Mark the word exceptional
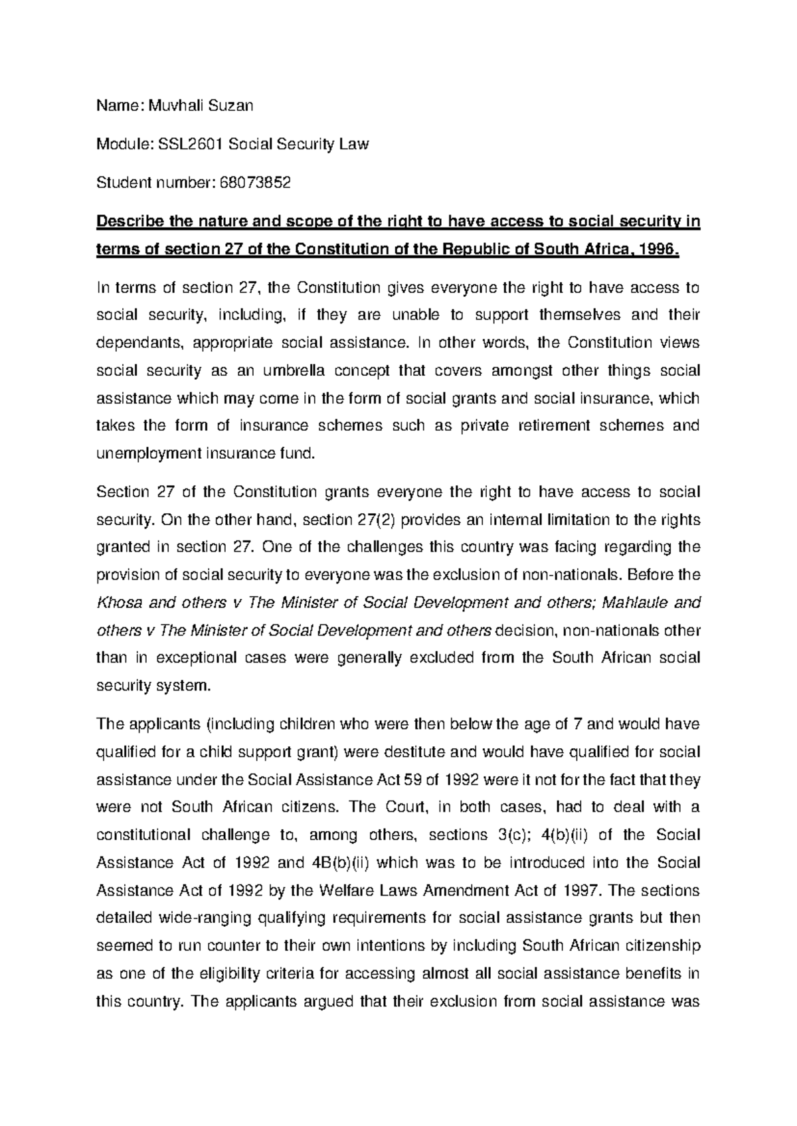pos(198,658)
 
